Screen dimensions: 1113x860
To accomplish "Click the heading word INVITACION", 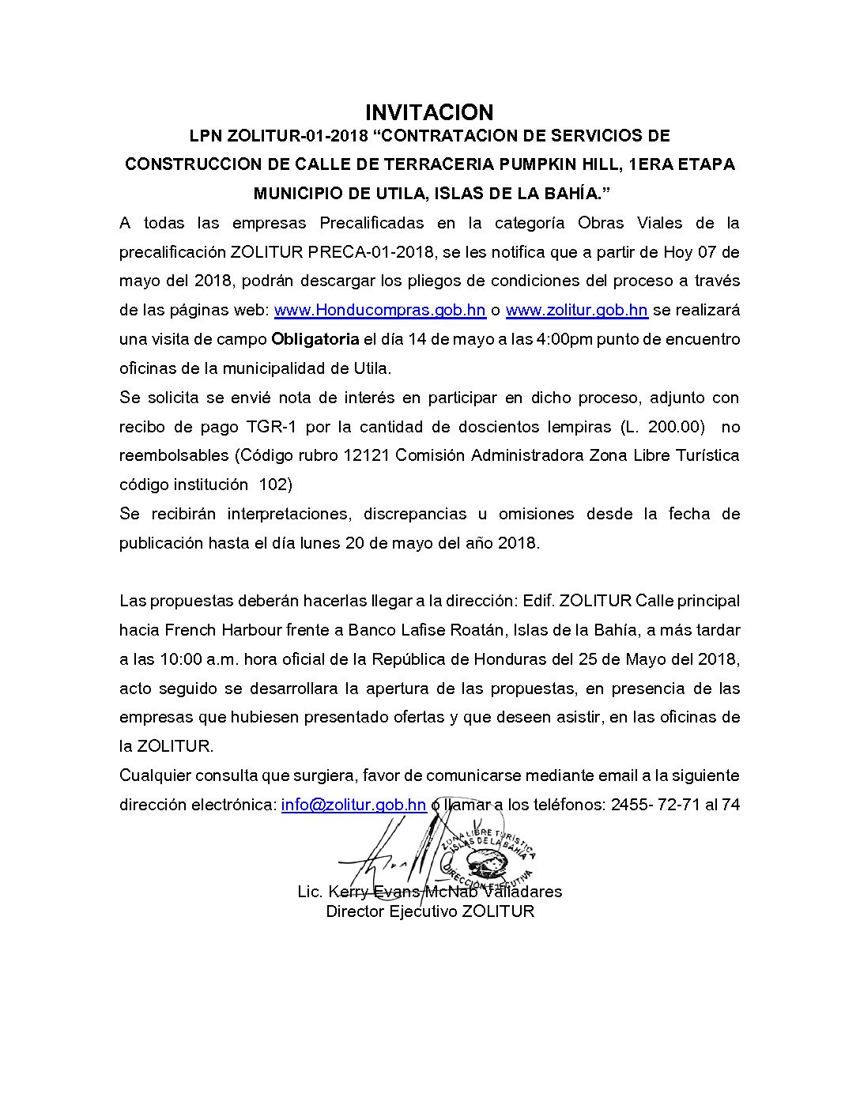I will (x=429, y=112).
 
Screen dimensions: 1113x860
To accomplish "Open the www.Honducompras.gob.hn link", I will (x=379, y=310).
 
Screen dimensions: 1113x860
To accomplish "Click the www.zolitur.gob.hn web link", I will (x=576, y=310).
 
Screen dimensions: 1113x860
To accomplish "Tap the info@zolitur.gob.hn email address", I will (x=353, y=805).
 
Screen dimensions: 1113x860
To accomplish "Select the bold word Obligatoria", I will (x=315, y=339).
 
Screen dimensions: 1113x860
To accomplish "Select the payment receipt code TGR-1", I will (x=271, y=427).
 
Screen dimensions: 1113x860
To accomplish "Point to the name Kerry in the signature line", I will (x=348, y=892).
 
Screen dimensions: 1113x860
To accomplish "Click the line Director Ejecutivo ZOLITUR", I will (x=430, y=911).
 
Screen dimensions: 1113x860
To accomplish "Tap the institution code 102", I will (x=275, y=485).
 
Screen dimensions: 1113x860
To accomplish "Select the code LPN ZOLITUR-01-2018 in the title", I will (x=278, y=136).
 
